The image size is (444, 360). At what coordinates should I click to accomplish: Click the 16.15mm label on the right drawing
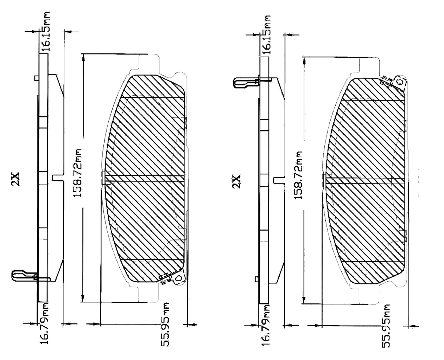pyautogui.click(x=267, y=34)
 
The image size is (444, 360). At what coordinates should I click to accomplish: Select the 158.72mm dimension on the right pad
pyautogui.click(x=298, y=175)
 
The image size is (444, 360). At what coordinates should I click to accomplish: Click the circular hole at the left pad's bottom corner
pyautogui.click(x=178, y=278)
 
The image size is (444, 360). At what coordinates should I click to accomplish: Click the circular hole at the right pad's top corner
pyautogui.click(x=399, y=81)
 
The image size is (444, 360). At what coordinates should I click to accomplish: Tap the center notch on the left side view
pyautogui.click(x=57, y=178)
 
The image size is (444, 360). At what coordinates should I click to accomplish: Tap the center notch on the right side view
pyautogui.click(x=279, y=180)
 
